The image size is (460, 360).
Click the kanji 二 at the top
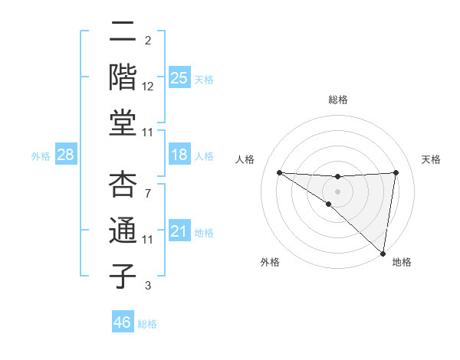click(123, 34)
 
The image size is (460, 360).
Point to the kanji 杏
click(123, 187)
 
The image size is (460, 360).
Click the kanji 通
click(123, 232)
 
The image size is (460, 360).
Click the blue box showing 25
click(179, 78)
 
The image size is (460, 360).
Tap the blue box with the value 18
click(179, 155)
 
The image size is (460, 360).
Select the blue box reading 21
click(179, 231)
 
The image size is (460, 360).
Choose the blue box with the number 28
click(65, 155)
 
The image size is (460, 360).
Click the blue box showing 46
click(123, 323)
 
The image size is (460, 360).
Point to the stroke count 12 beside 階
click(148, 87)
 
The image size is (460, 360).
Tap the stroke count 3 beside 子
click(148, 286)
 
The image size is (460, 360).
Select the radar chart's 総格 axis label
click(338, 100)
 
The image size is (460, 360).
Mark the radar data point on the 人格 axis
click(279, 172)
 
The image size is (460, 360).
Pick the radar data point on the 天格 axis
click(396, 172)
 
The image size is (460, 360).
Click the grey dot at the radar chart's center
click(337, 190)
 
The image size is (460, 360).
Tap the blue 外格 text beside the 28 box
click(41, 156)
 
